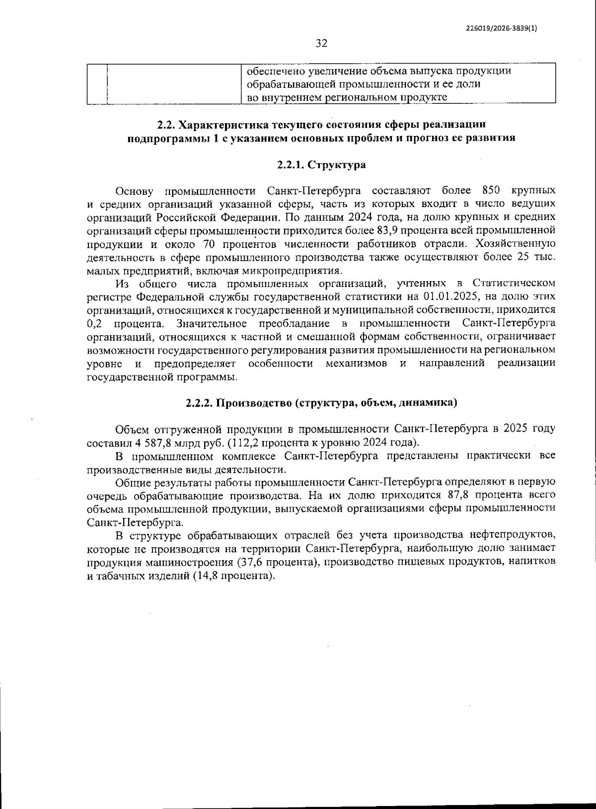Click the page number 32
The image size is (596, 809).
coord(321,44)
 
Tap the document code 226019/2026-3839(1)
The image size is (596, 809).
coord(502,28)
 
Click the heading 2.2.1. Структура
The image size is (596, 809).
coord(321,165)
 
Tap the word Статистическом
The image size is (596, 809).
coord(514,283)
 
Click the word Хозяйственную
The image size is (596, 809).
coord(515,244)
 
